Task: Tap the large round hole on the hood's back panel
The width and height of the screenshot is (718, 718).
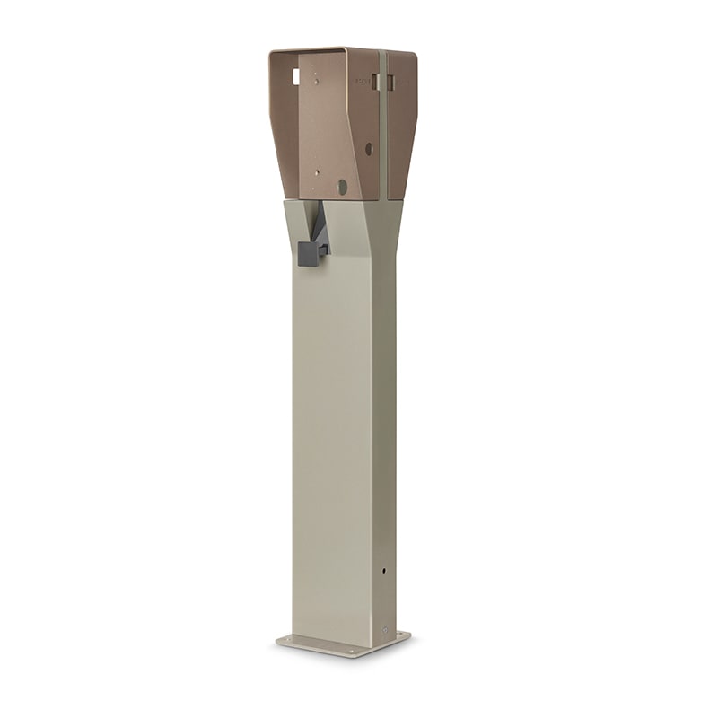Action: pos(341,187)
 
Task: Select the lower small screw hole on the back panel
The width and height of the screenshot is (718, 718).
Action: pos(316,171)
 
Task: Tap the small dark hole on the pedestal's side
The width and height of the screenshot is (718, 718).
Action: pos(385,570)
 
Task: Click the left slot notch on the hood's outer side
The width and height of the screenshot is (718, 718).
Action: pos(378,83)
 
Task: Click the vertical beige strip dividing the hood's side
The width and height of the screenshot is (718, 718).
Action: pos(384,135)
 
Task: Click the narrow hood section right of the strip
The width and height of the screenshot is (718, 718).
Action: pos(402,126)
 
